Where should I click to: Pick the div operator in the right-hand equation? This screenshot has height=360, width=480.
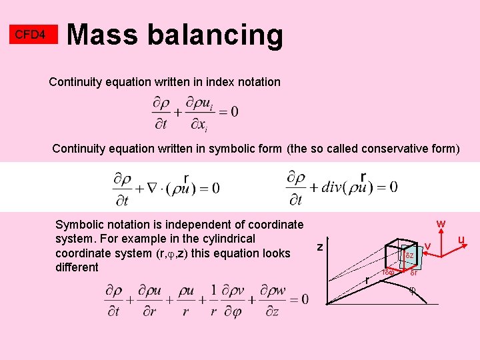333,187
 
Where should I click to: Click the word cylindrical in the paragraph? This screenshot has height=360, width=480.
223,239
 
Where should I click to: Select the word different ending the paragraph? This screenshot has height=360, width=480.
77,267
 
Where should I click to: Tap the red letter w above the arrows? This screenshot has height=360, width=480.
441,223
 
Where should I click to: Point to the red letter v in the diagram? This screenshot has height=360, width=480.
428,247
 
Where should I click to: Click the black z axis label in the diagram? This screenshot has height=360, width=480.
320,247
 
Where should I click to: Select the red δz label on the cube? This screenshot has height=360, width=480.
410,256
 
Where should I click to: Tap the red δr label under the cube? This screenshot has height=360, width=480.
413,273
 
